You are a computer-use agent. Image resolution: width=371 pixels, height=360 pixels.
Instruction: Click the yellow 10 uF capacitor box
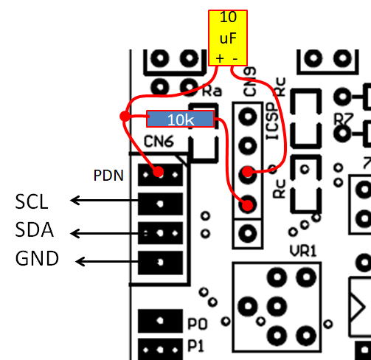pos(228,38)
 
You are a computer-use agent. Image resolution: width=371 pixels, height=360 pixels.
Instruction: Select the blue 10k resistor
pos(181,119)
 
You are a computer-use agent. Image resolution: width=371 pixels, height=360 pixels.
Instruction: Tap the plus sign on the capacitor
pos(220,59)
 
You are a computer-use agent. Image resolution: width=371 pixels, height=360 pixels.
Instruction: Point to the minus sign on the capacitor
pos(235,59)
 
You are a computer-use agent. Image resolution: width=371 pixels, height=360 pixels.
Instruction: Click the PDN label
pos(108,176)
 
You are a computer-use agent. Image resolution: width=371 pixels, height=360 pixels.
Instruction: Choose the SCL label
pos(32,202)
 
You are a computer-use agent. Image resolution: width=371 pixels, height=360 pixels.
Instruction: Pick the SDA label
pos(34,229)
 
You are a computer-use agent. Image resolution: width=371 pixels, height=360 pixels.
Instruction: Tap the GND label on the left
pos(37,258)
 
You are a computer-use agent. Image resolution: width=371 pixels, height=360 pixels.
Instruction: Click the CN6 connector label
pos(159,142)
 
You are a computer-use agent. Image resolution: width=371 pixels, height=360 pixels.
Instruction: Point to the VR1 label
pos(303,252)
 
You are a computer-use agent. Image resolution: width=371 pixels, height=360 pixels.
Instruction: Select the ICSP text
pos(274,121)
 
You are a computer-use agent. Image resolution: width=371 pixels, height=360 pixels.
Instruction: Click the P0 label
pos(197,324)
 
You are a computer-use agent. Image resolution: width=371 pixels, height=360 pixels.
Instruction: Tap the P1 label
pos(196,346)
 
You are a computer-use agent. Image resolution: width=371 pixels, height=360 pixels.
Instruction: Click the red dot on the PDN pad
pos(159,171)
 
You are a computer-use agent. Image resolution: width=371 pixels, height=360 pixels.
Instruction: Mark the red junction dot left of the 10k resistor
pos(125,117)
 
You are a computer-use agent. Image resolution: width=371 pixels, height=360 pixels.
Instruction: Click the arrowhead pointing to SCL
pos(74,200)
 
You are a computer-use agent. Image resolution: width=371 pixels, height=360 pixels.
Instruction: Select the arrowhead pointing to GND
pos(80,261)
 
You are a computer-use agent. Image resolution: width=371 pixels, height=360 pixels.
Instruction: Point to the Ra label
pos(212,91)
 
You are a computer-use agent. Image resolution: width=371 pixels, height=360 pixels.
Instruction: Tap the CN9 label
pos(249,82)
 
